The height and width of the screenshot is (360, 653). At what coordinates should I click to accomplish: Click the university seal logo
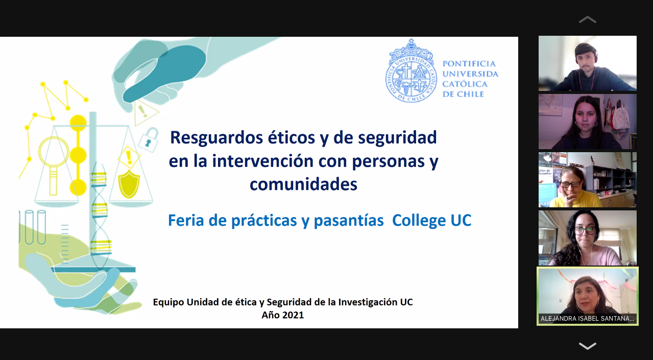(x=411, y=70)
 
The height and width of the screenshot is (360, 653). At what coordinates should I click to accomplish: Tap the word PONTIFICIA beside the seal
(x=469, y=64)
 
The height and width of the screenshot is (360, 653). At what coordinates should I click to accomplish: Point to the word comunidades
(x=303, y=184)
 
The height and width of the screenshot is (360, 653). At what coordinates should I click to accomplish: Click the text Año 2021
(x=282, y=315)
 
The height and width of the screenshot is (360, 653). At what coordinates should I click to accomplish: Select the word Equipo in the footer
(x=168, y=302)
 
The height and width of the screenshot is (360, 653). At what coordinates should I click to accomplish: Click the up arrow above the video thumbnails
(x=587, y=20)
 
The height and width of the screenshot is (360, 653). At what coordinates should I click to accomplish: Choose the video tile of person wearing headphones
(x=587, y=63)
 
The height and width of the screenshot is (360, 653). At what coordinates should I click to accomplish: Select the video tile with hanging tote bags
(x=587, y=122)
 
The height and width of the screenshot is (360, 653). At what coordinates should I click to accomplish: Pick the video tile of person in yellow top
(x=587, y=180)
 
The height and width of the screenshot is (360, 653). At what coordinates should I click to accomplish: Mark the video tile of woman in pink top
(x=587, y=238)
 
